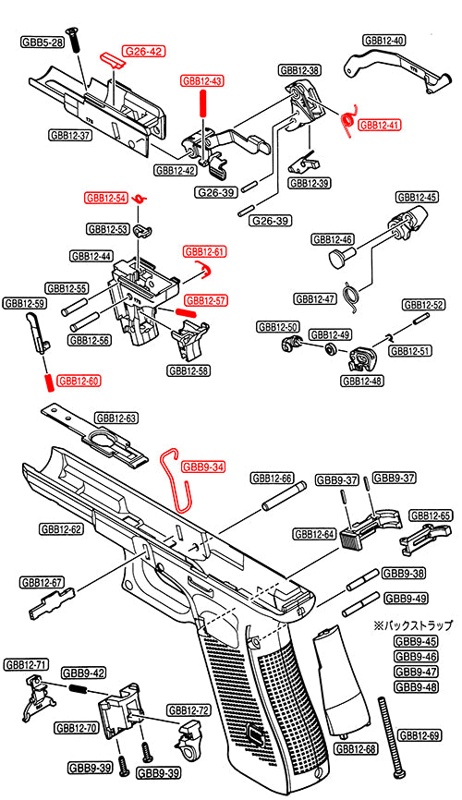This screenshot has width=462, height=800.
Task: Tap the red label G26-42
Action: pos(144,52)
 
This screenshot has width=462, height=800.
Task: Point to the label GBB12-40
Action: pos(383,41)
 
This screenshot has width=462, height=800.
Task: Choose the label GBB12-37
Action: pos(70,135)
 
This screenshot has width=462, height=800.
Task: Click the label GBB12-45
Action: pos(417,197)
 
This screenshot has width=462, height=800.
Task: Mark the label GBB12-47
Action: pos(315,298)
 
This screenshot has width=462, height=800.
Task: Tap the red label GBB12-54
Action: pos(105,198)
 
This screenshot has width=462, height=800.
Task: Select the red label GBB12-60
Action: pos(79,380)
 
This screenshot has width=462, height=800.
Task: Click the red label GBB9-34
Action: pos(203,467)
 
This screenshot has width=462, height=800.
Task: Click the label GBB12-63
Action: pos(116,418)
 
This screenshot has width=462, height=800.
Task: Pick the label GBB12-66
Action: pos(273,479)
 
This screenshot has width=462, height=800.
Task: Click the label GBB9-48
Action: pos(416,686)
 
